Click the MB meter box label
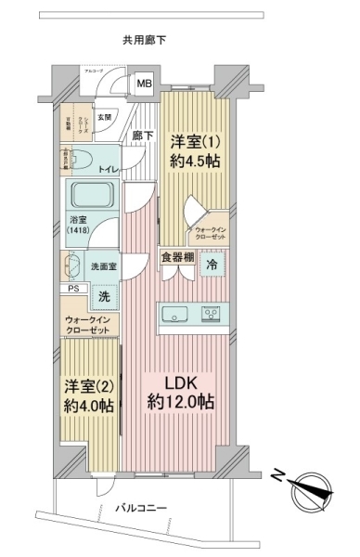(x=144, y=84)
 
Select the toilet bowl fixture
(x=79, y=157)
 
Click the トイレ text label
(x=109, y=170)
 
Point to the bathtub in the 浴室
(x=90, y=197)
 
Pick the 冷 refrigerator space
(x=212, y=264)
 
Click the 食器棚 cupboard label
(x=176, y=257)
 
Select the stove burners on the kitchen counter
(x=212, y=314)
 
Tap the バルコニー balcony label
(x=142, y=509)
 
